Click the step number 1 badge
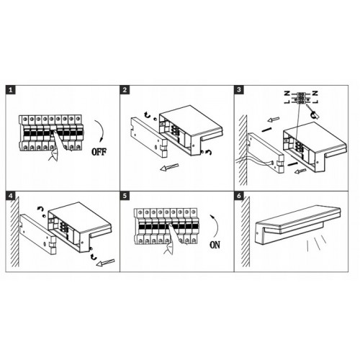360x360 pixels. (x=10, y=90)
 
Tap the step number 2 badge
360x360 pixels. (x=125, y=90)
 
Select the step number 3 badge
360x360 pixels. (x=238, y=90)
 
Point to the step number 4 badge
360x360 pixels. (x=10, y=196)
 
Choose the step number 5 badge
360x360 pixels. (x=125, y=196)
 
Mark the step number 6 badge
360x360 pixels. (x=238, y=196)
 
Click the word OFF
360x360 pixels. (x=99, y=152)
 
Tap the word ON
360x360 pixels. (x=215, y=245)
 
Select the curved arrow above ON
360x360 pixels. (x=217, y=225)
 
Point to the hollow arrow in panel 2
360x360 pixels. (x=169, y=167)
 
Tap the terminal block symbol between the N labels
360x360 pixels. (x=301, y=97)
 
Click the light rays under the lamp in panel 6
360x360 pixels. (x=317, y=243)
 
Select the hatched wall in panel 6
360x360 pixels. (x=245, y=232)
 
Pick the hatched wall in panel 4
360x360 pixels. (x=14, y=232)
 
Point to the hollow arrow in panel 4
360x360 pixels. (x=105, y=263)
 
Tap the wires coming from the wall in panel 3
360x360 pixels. (x=255, y=161)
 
